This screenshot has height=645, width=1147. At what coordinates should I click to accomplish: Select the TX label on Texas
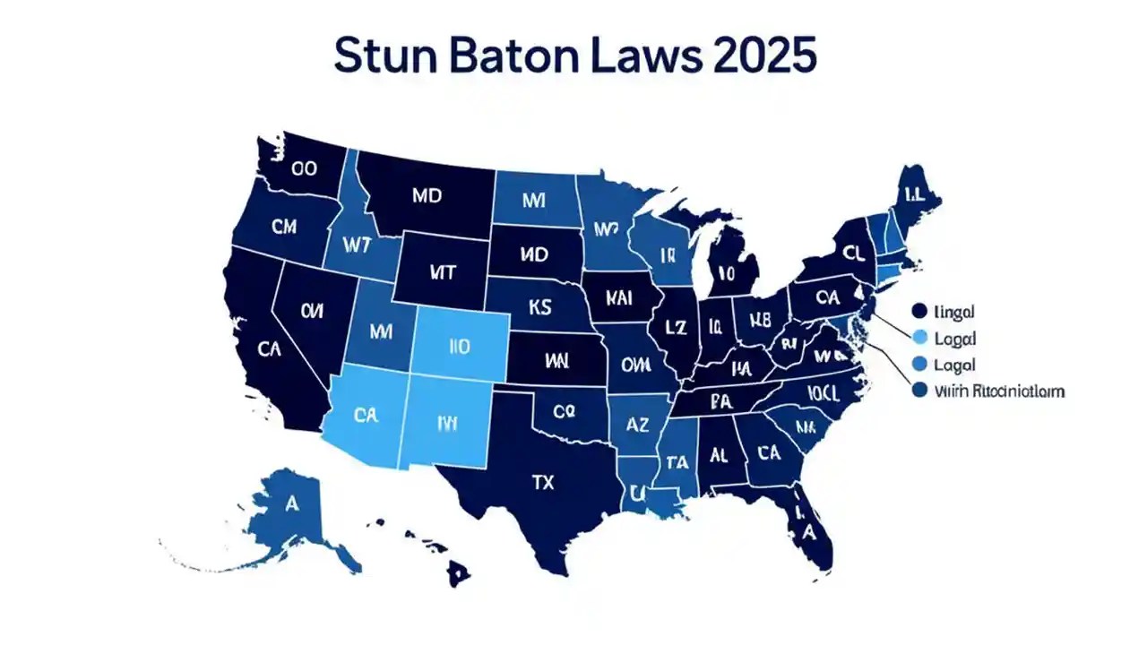[543, 482]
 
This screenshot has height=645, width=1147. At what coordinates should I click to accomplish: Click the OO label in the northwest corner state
[305, 168]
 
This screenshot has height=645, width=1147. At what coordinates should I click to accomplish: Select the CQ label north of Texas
[563, 413]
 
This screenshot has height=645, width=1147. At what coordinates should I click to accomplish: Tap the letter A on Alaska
[291, 503]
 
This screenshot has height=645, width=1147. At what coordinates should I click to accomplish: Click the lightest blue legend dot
[918, 338]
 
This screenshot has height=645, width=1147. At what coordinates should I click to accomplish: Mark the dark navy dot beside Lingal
[918, 311]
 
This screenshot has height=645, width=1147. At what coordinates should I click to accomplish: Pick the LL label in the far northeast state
[915, 193]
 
